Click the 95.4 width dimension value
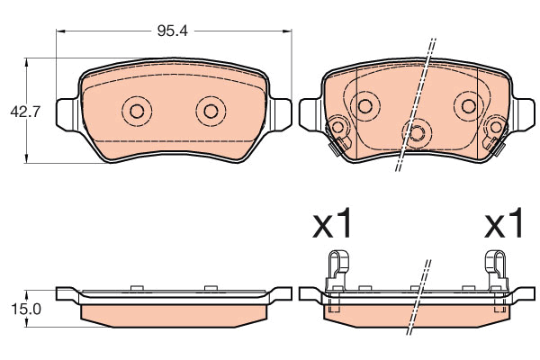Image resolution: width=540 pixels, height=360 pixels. coord(173,31)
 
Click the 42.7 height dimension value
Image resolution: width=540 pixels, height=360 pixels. coord(25,112)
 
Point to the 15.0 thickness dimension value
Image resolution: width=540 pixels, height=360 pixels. coord(26,309)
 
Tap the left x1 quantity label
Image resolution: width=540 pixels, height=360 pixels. coord(332,223)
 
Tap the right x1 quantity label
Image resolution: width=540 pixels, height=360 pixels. coord(504,223)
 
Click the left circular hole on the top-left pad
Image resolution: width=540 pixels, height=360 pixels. coord(137,111)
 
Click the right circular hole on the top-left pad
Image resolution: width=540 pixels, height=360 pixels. coord(211,111)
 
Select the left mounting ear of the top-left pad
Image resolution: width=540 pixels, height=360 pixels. coord(67,114)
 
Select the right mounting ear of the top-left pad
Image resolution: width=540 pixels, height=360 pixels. coord(280,114)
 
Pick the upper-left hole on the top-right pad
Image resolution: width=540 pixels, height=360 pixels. coord(364,106)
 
